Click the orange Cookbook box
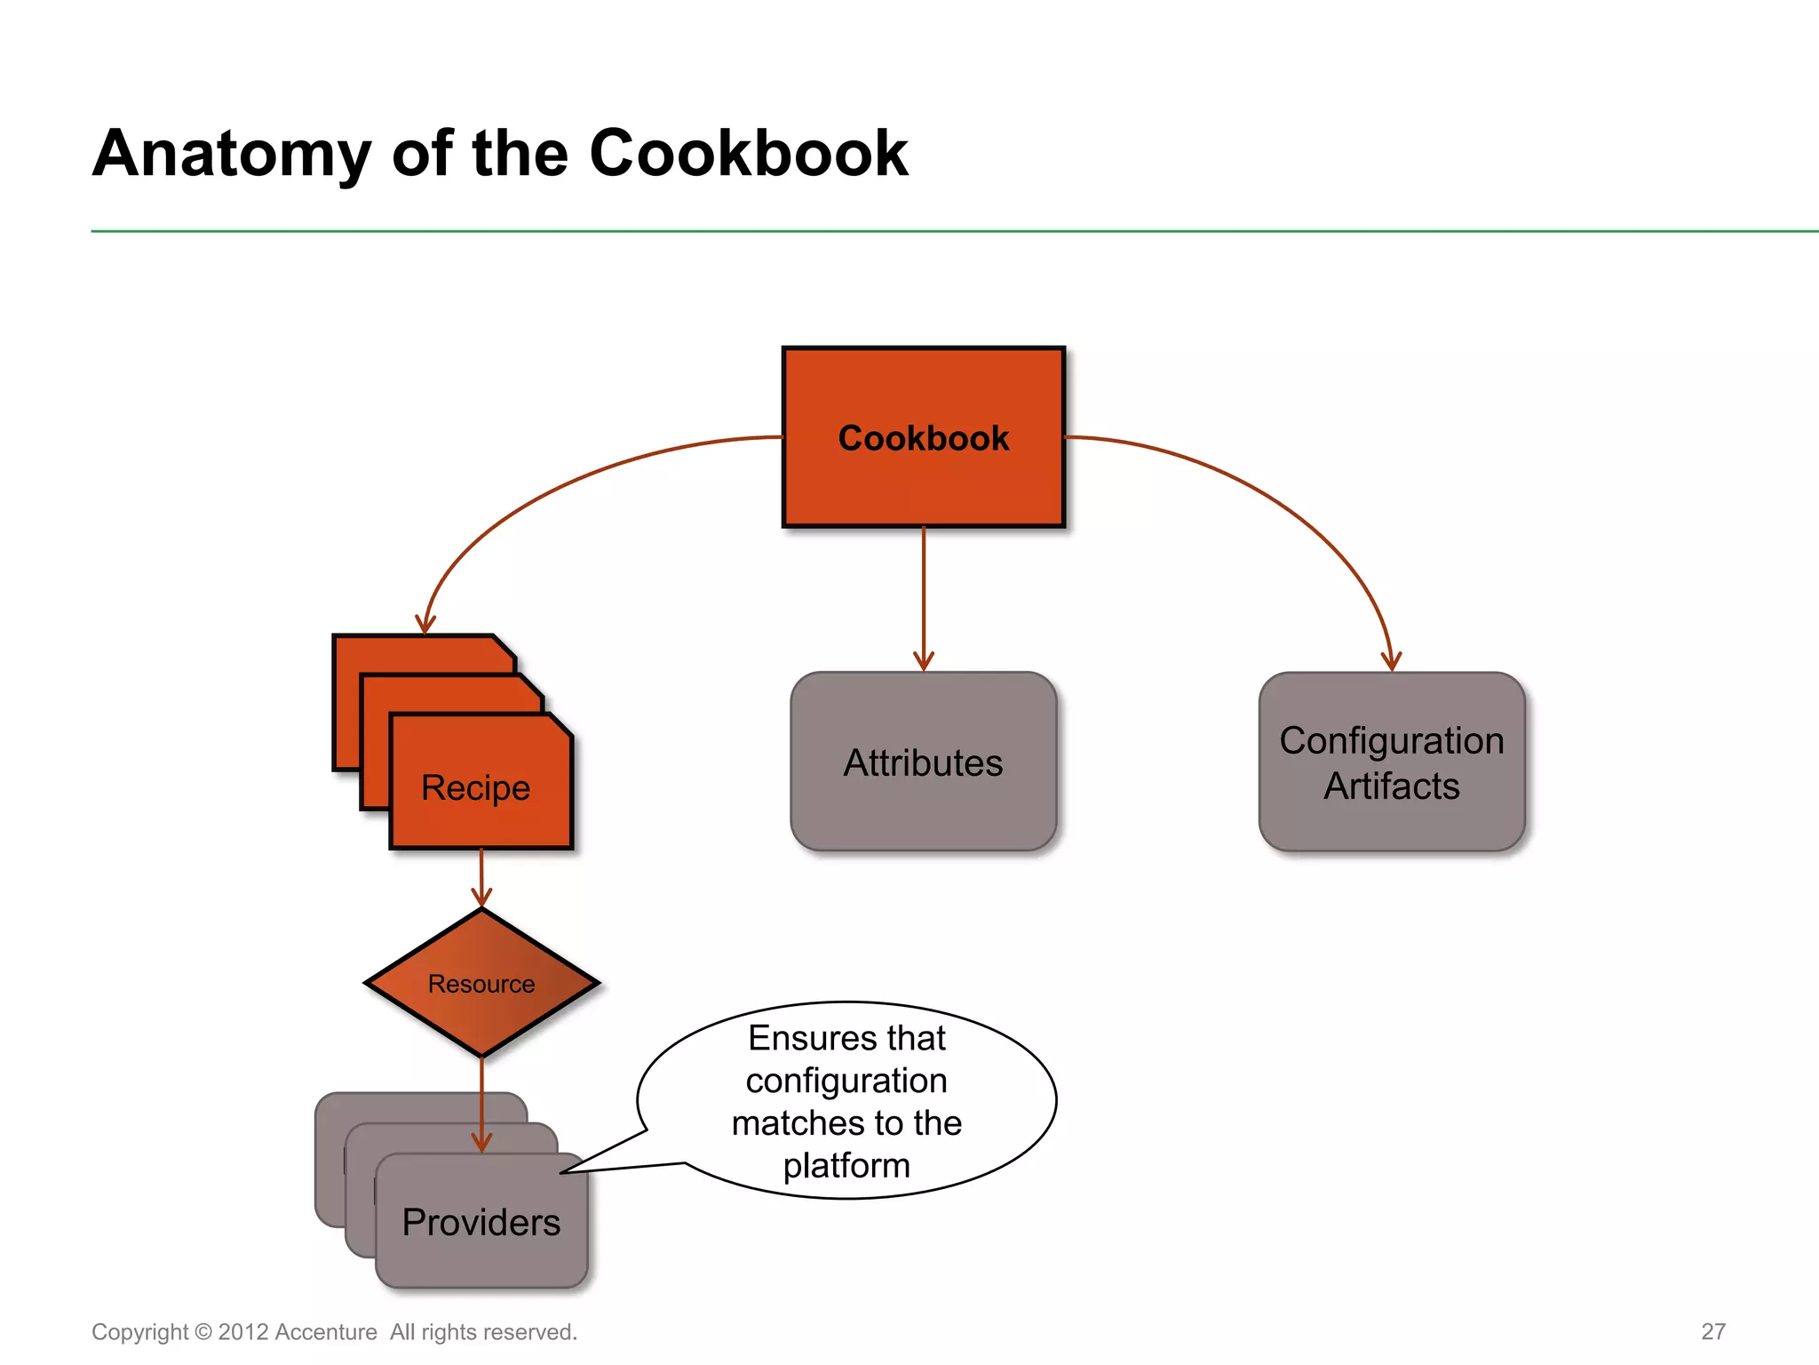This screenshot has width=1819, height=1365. coord(924,437)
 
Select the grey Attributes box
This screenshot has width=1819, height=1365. coord(924,762)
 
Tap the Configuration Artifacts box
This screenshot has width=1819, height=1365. coord(1392,762)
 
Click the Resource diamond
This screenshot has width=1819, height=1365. coord(481,983)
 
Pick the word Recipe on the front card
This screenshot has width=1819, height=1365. coord(475,787)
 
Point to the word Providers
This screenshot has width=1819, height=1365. coord(481,1222)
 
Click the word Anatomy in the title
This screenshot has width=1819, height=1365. coord(232,154)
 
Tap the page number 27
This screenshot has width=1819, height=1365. coord(1713,1331)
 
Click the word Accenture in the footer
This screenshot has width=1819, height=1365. coord(326,1332)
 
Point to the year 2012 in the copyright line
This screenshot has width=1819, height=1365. coord(242,1332)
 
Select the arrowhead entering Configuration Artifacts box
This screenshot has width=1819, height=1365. coord(1391,662)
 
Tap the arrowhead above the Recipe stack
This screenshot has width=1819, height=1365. coord(425,624)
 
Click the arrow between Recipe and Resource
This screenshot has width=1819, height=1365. coord(481,875)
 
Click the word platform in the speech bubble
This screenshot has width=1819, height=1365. coord(846,1165)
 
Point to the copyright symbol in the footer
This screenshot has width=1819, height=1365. coord(203,1332)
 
